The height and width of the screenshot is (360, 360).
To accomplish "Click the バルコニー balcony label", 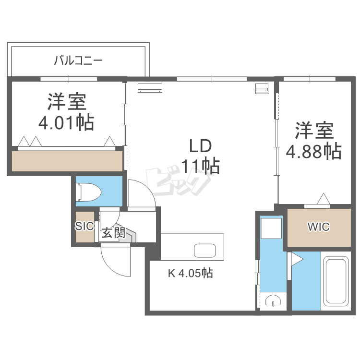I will pyautogui.click(x=78, y=61).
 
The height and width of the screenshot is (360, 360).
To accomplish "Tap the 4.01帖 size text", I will pyautogui.click(x=66, y=123).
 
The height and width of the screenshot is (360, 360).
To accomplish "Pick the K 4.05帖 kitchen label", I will pyautogui.click(x=190, y=274).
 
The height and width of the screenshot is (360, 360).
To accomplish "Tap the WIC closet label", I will pyautogui.click(x=319, y=227).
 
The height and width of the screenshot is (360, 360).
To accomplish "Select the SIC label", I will pyautogui.click(x=84, y=226).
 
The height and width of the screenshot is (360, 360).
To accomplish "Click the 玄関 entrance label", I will pyautogui.click(x=113, y=233).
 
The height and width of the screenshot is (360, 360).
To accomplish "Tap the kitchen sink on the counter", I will pyautogui.click(x=205, y=251).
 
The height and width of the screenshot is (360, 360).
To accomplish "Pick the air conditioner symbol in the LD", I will pyautogui.click(x=150, y=88).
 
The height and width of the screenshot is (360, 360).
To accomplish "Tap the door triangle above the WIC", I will pyautogui.click(x=324, y=198).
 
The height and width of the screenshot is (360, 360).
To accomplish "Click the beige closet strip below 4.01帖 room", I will pyautogui.click(x=67, y=161).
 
